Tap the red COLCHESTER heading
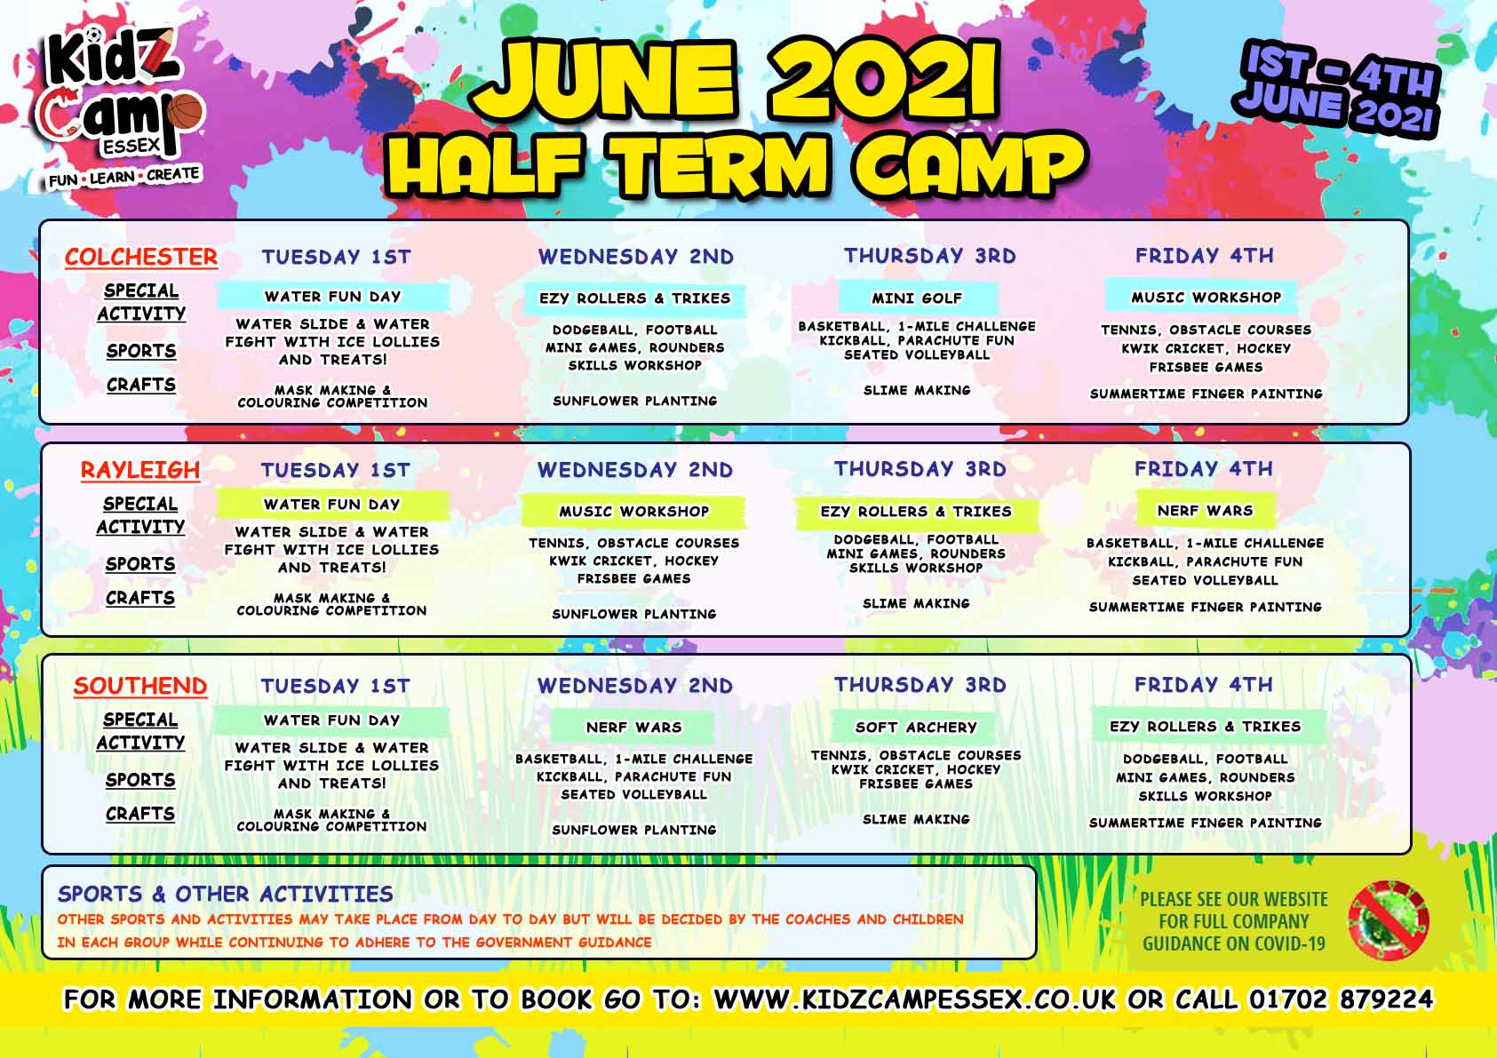[141, 258]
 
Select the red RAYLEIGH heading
[140, 470]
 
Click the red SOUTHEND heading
[140, 686]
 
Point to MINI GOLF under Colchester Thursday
[917, 298]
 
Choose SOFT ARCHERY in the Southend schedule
[916, 728]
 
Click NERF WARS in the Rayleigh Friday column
[1205, 511]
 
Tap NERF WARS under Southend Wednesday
[633, 728]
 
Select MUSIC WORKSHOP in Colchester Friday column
[1206, 298]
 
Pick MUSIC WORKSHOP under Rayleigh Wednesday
[634, 512]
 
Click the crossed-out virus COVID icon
[1388, 920]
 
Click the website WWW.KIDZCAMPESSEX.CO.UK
[915, 999]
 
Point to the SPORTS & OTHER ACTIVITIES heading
[226, 895]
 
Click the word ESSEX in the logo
[131, 146]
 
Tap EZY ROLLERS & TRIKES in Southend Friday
[1205, 727]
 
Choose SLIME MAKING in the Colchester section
[917, 390]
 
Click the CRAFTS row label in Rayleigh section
[140, 598]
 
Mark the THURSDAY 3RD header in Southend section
[920, 685]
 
